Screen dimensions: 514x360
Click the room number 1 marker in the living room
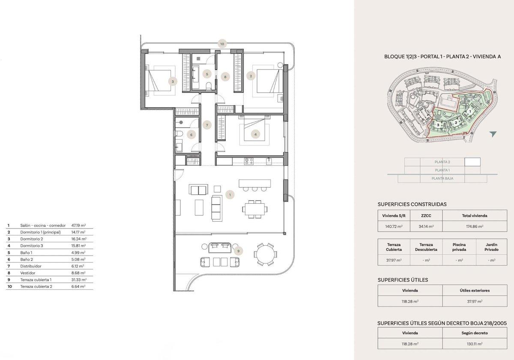[230, 195]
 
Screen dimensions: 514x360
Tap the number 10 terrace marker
[222, 44]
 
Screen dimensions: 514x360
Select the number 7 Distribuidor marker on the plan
[207, 125]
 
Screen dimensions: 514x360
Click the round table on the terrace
[265, 254]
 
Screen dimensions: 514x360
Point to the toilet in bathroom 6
[179, 134]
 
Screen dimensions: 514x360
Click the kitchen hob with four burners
[249, 161]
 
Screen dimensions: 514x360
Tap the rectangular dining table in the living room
[255, 209]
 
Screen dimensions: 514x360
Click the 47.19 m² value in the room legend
[78, 226]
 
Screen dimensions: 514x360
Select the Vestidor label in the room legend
[28, 273]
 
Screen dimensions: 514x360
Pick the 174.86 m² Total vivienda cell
[475, 226]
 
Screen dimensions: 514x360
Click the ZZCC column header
[426, 216]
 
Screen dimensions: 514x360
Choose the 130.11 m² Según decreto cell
[475, 344]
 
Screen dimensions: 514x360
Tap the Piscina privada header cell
[459, 247]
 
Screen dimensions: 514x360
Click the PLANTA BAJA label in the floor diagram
[442, 179]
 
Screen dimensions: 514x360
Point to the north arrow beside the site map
[493, 134]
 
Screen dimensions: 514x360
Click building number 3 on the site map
[438, 125]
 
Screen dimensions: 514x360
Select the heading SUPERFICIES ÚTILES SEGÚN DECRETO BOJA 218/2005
[442, 323]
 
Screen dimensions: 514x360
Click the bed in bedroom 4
[254, 128]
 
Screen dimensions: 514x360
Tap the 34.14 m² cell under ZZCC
[426, 226]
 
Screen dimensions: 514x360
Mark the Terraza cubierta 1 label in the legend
[36, 280]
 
